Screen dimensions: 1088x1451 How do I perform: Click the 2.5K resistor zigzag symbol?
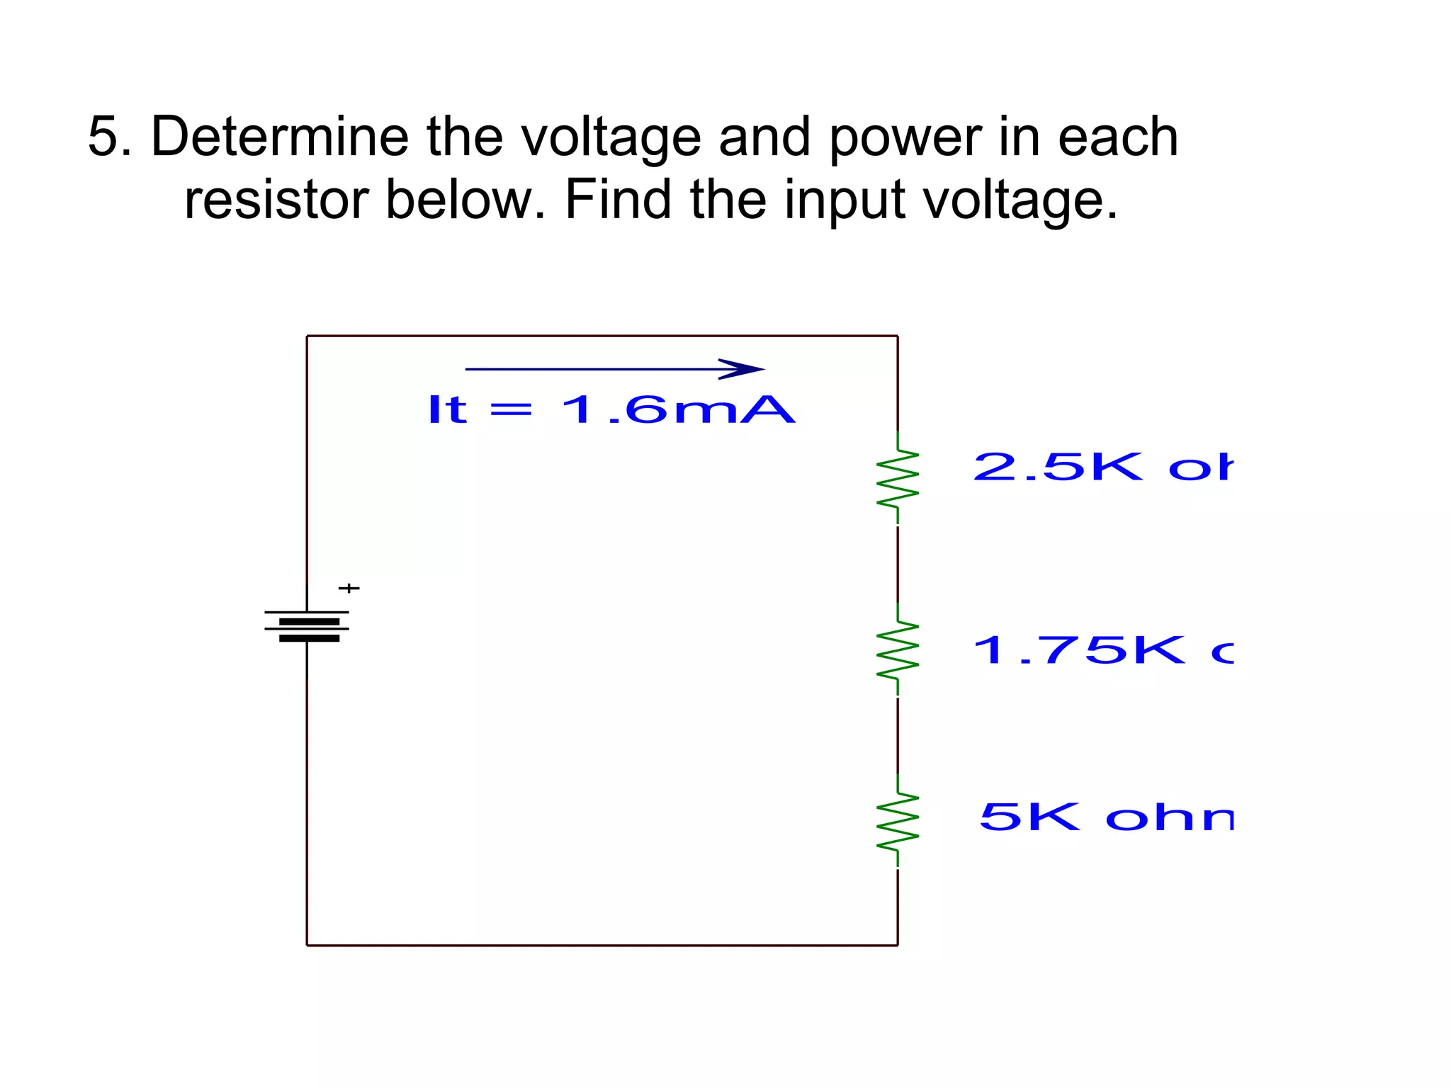click(898, 477)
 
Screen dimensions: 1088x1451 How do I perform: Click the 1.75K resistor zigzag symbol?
click(898, 650)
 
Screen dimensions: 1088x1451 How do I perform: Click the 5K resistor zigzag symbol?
click(898, 820)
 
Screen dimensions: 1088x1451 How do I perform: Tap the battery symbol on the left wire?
click(307, 626)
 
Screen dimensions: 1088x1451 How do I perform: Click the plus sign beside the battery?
click(349, 588)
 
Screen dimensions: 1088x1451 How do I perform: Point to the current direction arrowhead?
click(744, 369)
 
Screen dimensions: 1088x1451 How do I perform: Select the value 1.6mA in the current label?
click(677, 410)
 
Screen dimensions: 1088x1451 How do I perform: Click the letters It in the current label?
click(447, 409)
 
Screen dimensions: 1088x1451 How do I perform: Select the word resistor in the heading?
click(276, 200)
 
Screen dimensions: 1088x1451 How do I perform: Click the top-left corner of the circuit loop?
click(307, 336)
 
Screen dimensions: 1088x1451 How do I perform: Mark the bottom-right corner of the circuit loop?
click(898, 945)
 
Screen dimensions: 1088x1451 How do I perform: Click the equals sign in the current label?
click(511, 410)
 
